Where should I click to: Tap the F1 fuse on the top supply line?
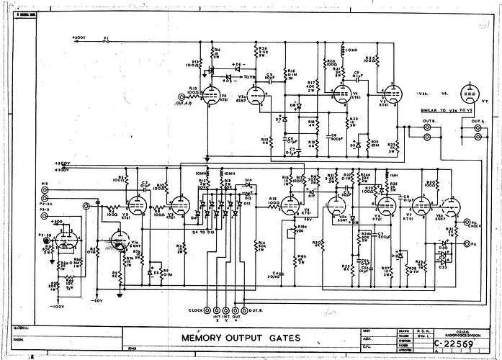tap(107, 41)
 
